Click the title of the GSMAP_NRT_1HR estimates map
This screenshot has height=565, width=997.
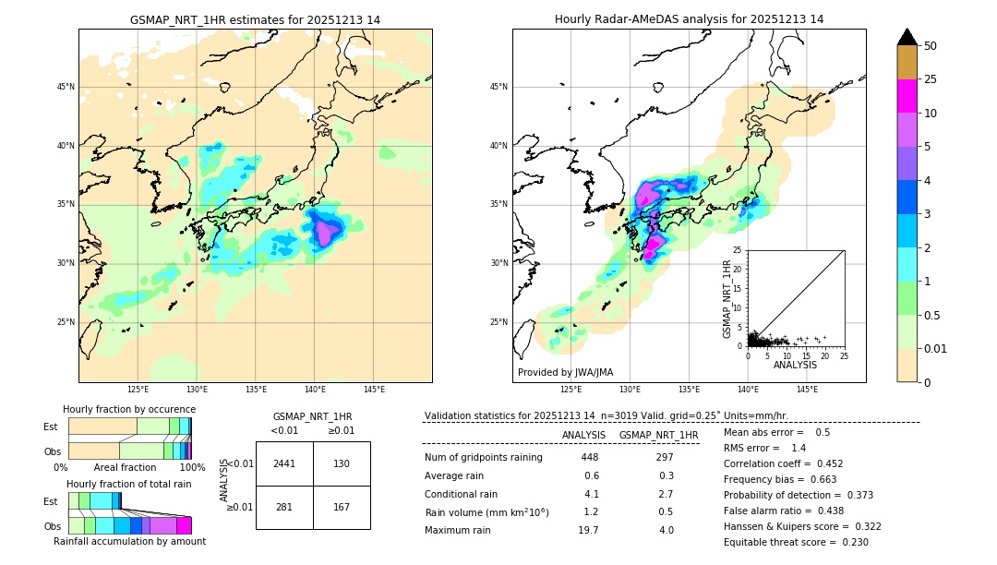click(x=255, y=19)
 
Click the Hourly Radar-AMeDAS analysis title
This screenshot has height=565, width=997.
click(x=689, y=19)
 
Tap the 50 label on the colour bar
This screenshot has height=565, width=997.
click(x=931, y=46)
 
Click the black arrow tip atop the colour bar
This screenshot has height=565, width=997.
click(x=907, y=36)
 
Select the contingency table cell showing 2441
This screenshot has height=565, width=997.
click(x=284, y=463)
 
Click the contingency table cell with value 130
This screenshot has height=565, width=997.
click(x=342, y=463)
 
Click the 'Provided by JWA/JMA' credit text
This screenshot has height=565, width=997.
click(x=565, y=372)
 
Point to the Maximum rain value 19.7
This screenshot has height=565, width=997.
click(x=588, y=530)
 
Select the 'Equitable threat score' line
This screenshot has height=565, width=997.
click(x=796, y=542)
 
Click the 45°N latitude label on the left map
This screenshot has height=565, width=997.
click(x=66, y=87)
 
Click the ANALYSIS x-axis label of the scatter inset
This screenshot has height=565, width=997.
click(x=795, y=365)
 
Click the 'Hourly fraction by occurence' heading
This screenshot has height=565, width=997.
click(x=129, y=409)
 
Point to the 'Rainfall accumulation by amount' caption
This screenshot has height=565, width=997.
click(x=129, y=541)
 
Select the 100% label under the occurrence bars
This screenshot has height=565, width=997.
click(x=192, y=468)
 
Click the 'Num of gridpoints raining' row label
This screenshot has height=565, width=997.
click(x=483, y=457)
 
